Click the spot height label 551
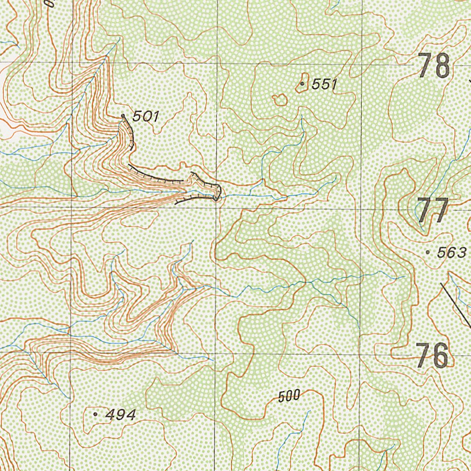(x=324, y=84)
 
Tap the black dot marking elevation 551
(x=302, y=84)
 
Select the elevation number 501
(x=145, y=117)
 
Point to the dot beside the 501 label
(x=123, y=116)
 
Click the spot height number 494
(x=121, y=415)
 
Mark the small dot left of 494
(x=95, y=414)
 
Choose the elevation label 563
(x=452, y=253)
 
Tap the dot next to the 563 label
(x=428, y=252)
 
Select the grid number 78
(x=434, y=66)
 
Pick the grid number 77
(x=433, y=211)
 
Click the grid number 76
(x=432, y=356)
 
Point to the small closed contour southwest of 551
(x=280, y=99)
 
